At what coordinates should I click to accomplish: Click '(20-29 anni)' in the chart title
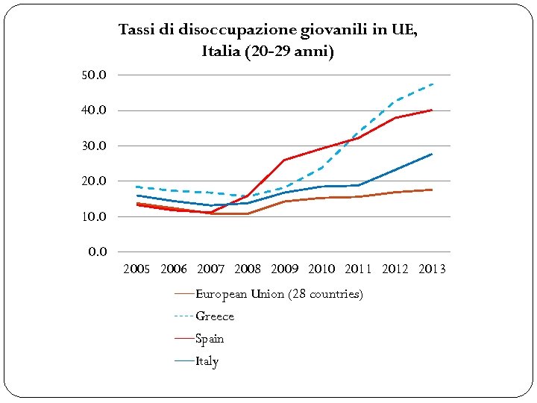(291, 51)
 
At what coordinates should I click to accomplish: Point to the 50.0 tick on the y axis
(94, 75)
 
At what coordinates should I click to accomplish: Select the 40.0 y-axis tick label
(94, 110)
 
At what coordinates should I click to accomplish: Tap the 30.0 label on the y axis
(94, 146)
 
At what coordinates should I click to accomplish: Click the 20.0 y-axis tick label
(94, 181)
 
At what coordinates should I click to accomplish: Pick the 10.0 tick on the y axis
(94, 216)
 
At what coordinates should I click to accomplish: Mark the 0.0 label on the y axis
(97, 252)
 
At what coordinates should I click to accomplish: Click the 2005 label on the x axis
(136, 269)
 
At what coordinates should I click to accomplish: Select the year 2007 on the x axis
(210, 269)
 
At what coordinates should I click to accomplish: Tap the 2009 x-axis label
(284, 269)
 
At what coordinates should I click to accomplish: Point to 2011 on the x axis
(358, 269)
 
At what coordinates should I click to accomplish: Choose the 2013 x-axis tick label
(432, 269)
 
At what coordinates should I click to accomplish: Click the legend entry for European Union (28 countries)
(279, 294)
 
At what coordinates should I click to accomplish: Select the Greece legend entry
(214, 316)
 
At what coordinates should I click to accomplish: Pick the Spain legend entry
(209, 339)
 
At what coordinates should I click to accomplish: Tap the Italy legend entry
(207, 361)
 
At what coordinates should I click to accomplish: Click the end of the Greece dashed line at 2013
(432, 84)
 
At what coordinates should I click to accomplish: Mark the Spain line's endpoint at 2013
(432, 110)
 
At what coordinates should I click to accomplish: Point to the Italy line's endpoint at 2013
(432, 154)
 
